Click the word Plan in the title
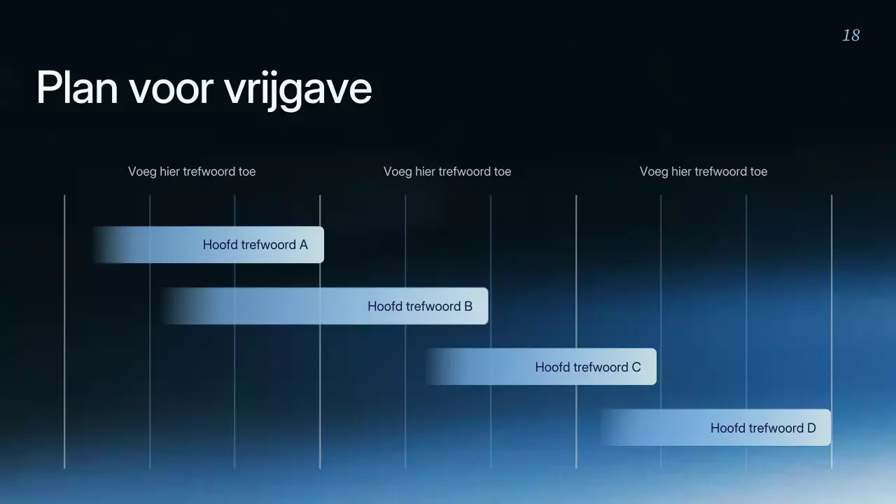77,88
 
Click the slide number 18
850,36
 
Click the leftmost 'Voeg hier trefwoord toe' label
192,171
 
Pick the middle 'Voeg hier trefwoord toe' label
447,171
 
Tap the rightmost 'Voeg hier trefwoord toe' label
703,171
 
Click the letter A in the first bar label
303,245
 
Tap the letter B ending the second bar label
468,306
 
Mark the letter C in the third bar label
636,367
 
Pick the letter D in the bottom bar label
811,428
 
